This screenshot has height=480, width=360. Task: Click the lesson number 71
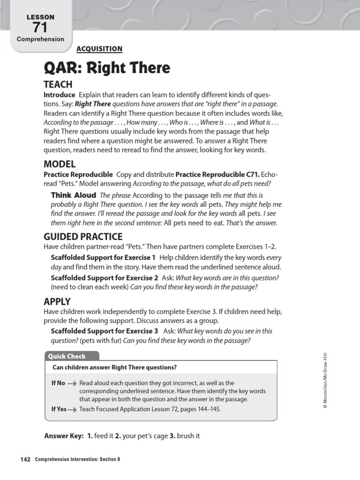pos(40,27)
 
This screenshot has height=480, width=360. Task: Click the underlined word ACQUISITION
pos(99,49)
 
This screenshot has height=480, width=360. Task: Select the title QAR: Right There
pos(107,68)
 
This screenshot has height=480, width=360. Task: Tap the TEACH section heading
pos(58,85)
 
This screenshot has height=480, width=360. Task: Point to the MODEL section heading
pos(60,164)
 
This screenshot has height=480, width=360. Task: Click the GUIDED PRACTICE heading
pos(83,237)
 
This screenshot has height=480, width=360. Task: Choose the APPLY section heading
pos(57,302)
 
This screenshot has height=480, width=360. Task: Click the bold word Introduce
pos(59,95)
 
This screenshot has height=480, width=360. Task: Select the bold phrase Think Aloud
pos(73,195)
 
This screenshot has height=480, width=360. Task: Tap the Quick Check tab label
pos(67,356)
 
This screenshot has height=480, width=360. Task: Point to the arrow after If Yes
pos(73,409)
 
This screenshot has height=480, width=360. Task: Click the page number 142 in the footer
pos(25,459)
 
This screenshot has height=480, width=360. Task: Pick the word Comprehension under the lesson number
pos(40,39)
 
